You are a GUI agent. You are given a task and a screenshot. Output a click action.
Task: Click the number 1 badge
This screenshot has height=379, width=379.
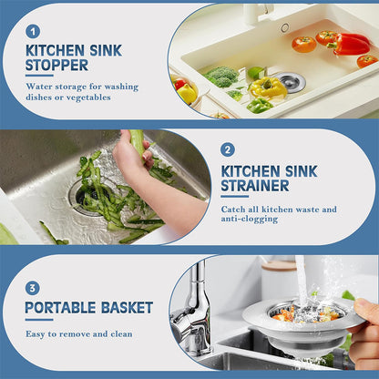coord(33,31)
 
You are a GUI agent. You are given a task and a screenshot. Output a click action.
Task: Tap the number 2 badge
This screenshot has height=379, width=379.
coord(227,149)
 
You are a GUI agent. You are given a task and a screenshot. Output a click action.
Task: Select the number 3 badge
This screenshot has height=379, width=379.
coord(33,288)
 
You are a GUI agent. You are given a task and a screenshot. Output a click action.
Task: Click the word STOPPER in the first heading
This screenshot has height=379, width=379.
coord(56,66)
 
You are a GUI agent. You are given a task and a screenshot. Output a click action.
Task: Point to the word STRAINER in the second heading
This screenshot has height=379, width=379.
coord(255,185)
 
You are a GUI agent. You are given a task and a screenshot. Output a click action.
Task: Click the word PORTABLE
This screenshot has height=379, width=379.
coord(59,307)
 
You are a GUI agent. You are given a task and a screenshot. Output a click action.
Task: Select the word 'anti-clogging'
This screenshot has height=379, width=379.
coord(252,221)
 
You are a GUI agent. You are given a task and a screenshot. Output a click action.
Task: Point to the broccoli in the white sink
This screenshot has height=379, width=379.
coord(221,77)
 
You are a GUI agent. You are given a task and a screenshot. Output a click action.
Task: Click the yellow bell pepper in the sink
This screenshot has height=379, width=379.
coord(269,87)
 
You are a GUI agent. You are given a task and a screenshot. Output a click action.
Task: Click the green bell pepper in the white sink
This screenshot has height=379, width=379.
coord(259,106)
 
